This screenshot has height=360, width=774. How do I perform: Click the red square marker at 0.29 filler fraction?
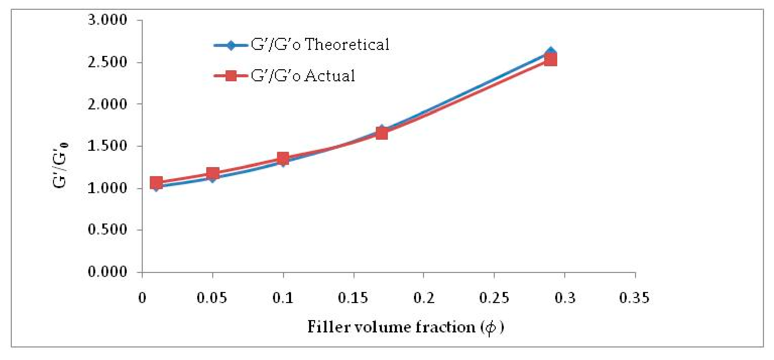pos(550,60)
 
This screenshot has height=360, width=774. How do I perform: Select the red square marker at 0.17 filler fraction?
pos(382,133)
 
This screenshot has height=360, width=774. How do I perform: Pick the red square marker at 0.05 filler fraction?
pos(213,173)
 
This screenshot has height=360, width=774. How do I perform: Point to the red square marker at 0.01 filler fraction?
pos(156,182)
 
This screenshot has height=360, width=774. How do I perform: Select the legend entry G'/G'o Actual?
pos(303,76)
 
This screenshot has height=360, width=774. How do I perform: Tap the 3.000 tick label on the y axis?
pos(107,20)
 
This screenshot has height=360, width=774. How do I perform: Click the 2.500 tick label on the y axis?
pos(107,62)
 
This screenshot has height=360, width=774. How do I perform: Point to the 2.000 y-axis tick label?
pos(107,104)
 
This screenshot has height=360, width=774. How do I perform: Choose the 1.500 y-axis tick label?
pos(107,146)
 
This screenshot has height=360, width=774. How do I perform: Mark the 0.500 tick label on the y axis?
pos(107,230)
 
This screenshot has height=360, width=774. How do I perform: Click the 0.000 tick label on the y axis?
pos(107,272)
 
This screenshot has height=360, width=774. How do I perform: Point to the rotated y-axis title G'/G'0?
pos(60,165)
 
